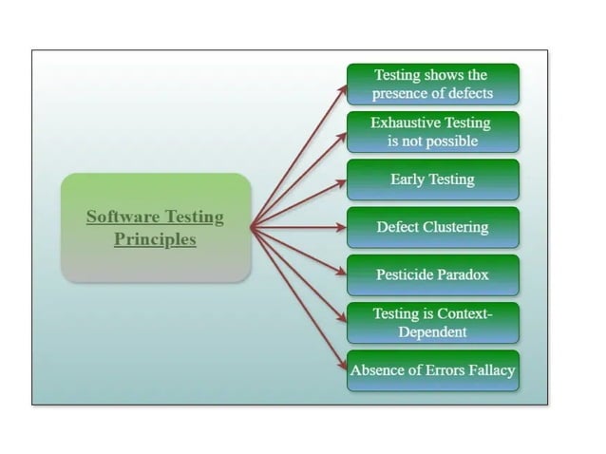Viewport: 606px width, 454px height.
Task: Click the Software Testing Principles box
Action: point(156,227)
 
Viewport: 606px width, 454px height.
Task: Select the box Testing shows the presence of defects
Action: point(432,84)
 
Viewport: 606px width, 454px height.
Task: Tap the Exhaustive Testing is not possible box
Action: point(432,132)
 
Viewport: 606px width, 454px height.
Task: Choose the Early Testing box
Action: point(432,180)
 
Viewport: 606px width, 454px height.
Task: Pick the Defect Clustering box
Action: point(432,227)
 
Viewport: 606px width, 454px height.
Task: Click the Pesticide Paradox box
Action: point(432,274)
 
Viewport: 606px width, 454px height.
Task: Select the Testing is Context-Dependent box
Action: point(432,323)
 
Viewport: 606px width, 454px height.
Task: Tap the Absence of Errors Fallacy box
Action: point(432,370)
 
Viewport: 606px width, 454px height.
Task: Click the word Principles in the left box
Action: point(155,239)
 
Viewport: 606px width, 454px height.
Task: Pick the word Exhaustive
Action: point(404,123)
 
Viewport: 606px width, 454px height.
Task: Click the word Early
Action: point(407,180)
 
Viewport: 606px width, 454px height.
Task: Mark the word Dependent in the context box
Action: point(432,332)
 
